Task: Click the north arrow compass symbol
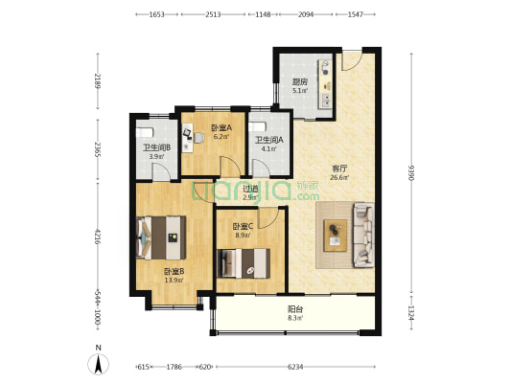[98, 363]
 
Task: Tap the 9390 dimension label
[411, 173]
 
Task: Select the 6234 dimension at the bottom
[295, 367]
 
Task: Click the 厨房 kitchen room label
[300, 81]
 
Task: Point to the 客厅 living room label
[340, 169]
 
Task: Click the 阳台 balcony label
[295, 309]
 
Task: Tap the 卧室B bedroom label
[174, 271]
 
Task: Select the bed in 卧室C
[244, 263]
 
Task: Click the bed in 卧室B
[161, 237]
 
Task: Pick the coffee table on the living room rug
[335, 236]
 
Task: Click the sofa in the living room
[363, 235]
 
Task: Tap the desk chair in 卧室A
[198, 138]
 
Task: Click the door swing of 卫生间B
[162, 171]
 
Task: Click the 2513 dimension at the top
[213, 14]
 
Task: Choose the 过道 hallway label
[251, 189]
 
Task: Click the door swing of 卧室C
[268, 217]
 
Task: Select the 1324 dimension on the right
[411, 313]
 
